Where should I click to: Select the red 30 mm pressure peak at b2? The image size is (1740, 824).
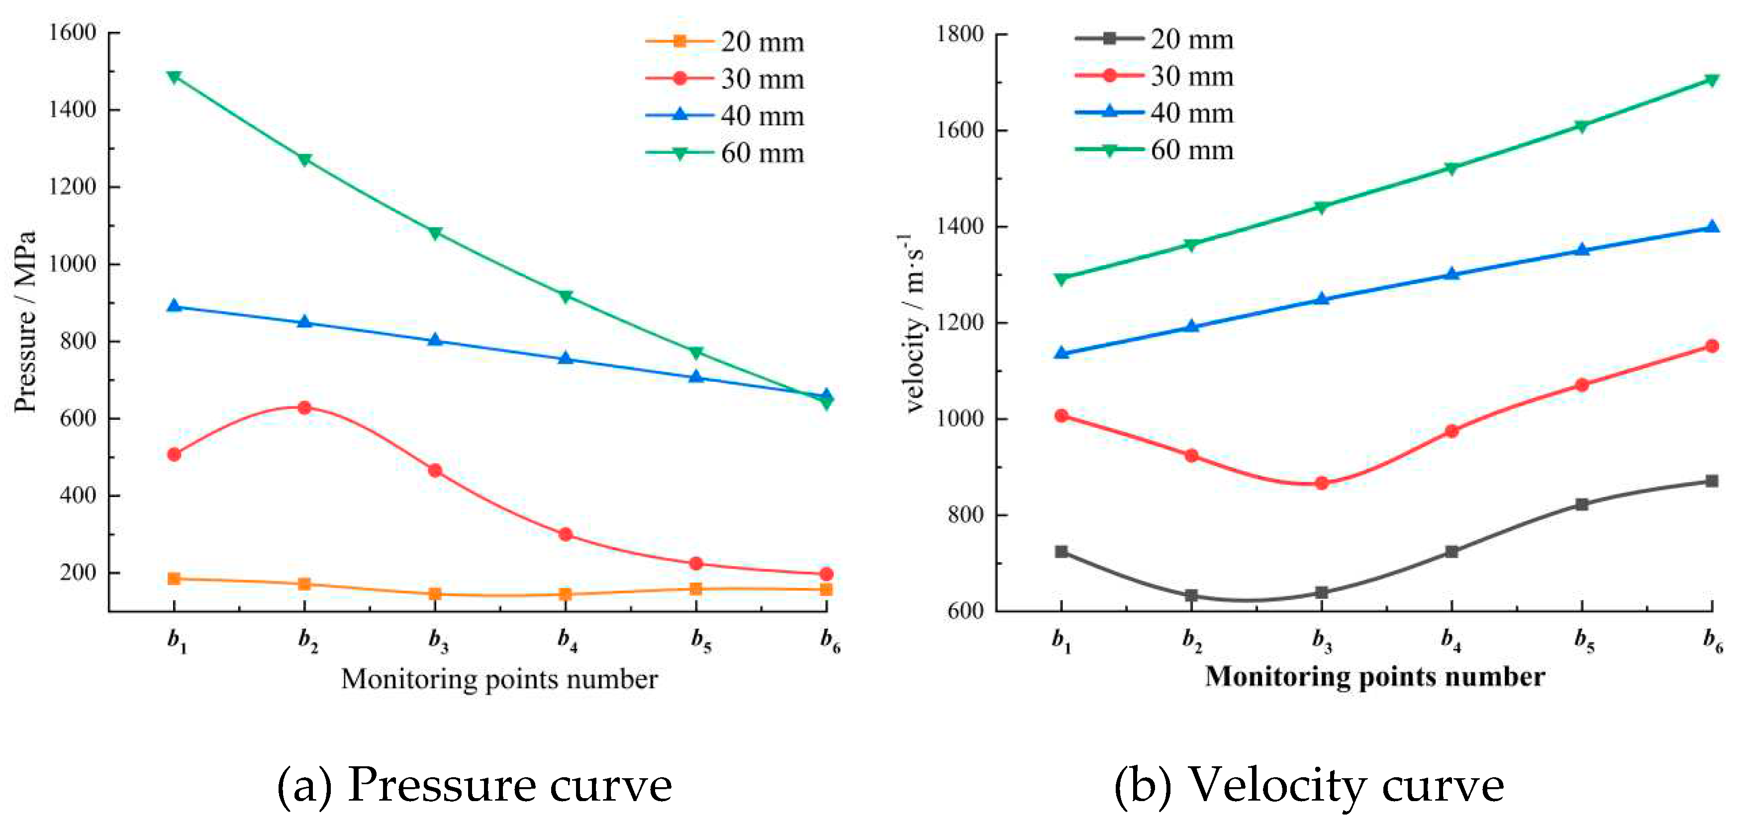(x=304, y=407)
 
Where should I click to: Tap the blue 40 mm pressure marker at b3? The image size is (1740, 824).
(x=435, y=340)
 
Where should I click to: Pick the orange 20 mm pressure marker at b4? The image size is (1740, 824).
(x=566, y=594)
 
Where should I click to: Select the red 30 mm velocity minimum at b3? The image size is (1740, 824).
(x=1322, y=483)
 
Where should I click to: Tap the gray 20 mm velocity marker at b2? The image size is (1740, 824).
(x=1191, y=595)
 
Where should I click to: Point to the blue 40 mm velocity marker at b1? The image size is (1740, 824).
(x=1061, y=353)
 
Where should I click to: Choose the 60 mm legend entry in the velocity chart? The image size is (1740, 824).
(x=1155, y=150)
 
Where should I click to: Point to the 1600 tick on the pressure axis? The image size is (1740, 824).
(x=72, y=32)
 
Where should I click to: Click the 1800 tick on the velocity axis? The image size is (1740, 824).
(x=959, y=34)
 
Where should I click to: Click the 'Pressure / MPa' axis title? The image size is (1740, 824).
(x=25, y=321)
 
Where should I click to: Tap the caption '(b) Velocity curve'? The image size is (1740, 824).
(x=1308, y=785)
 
